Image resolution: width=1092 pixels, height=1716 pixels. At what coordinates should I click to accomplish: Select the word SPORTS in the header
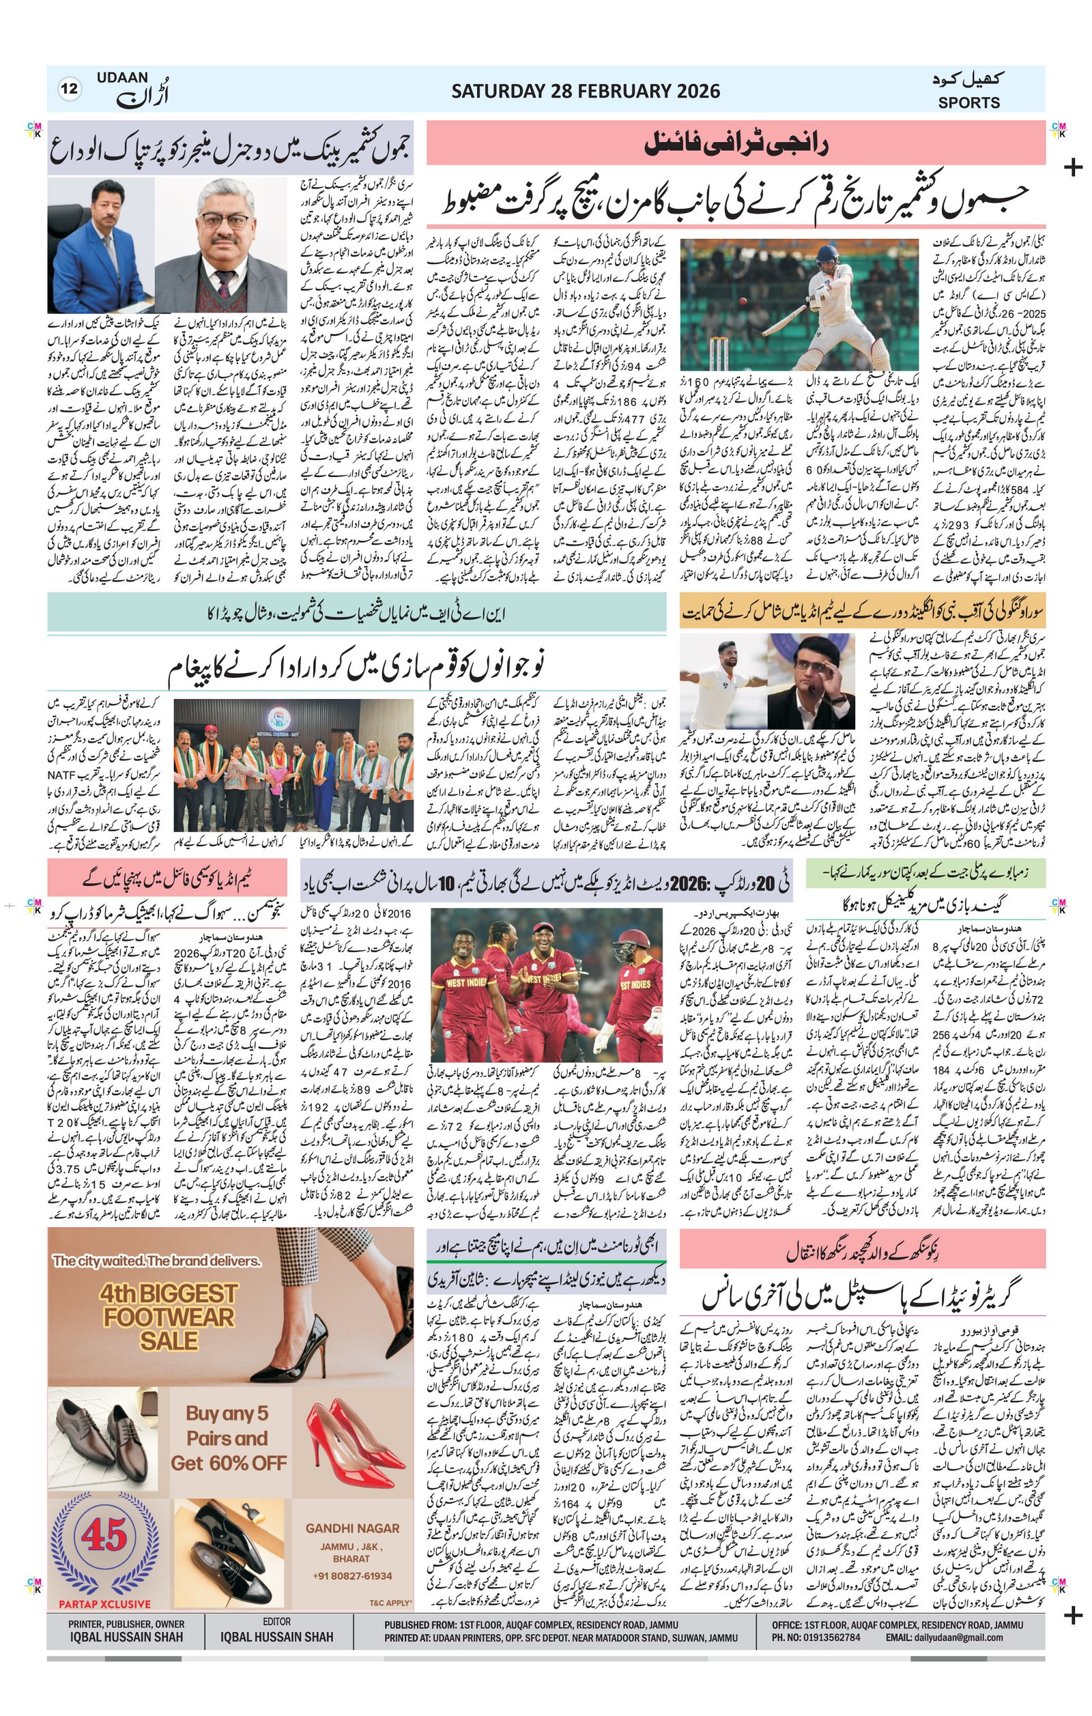(x=968, y=102)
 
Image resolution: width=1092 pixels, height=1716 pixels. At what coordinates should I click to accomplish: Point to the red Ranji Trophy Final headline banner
(x=736, y=145)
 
